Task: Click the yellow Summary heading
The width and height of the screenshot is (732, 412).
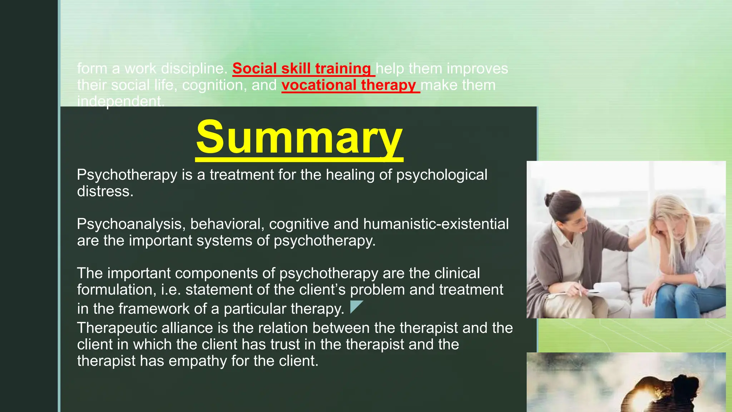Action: (x=299, y=138)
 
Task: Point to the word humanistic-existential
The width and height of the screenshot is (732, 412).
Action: (x=436, y=224)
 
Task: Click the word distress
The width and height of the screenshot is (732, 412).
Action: (x=105, y=191)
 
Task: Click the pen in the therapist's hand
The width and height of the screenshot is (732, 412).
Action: (x=580, y=288)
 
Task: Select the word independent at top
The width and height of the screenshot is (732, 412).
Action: (x=120, y=102)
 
